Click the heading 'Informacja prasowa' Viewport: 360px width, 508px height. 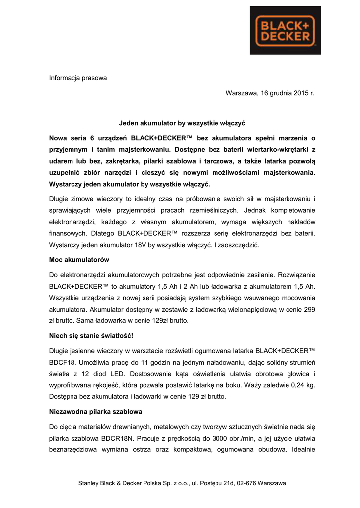tap(77, 78)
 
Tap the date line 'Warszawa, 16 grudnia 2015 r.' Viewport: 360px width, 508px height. tap(270, 93)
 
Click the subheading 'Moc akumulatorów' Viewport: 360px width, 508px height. tap(79, 260)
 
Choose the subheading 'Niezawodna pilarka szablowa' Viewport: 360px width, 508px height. tap(96, 411)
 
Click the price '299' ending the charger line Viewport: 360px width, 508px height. tap(308, 309)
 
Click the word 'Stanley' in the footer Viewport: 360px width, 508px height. tap(89, 483)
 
